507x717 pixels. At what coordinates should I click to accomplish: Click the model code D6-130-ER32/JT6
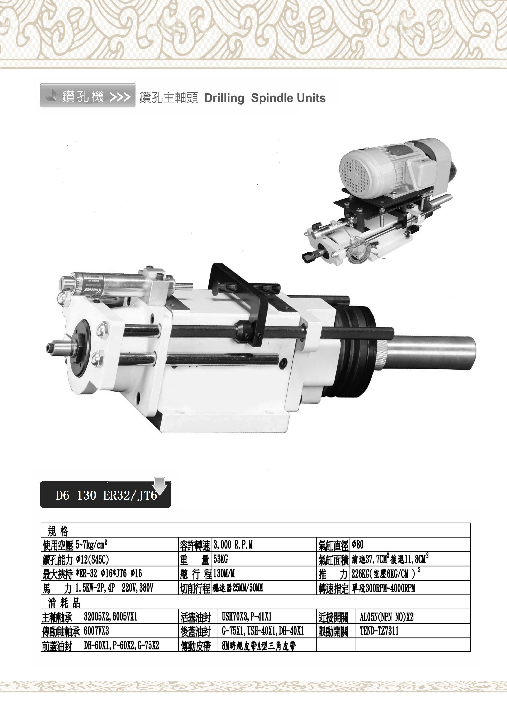(x=106, y=496)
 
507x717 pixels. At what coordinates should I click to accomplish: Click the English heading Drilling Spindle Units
(x=265, y=98)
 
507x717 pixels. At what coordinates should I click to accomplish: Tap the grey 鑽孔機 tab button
(x=88, y=95)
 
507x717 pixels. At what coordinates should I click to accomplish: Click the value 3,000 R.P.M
(x=233, y=545)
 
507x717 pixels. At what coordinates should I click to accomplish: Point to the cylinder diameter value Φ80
(x=358, y=545)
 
